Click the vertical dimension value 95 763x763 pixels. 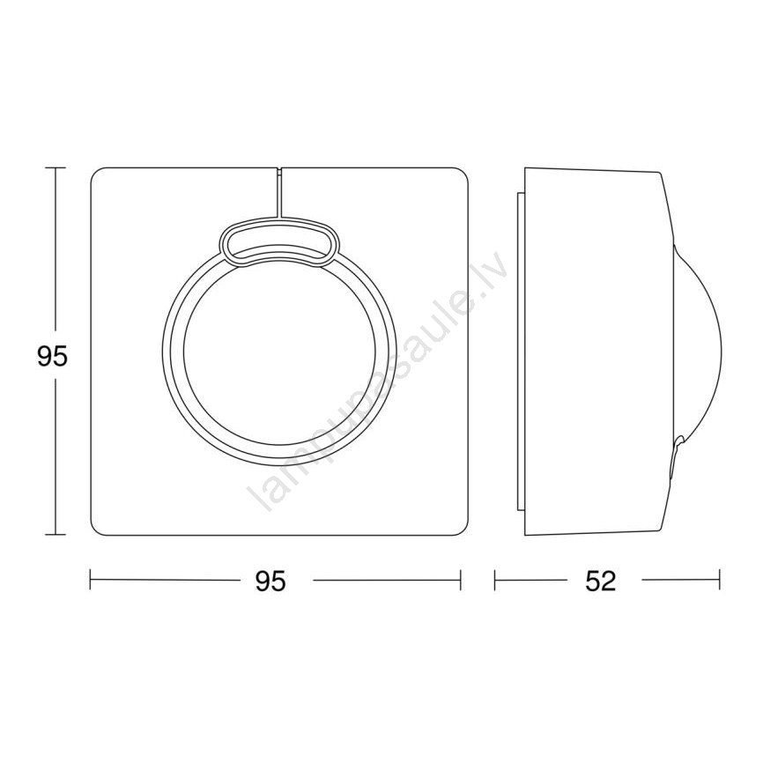click(x=52, y=358)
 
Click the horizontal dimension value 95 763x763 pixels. click(x=270, y=581)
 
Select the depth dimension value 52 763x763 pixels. click(x=601, y=581)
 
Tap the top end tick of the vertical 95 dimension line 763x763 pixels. click(x=55, y=168)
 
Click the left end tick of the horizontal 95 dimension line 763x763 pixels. click(x=91, y=580)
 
